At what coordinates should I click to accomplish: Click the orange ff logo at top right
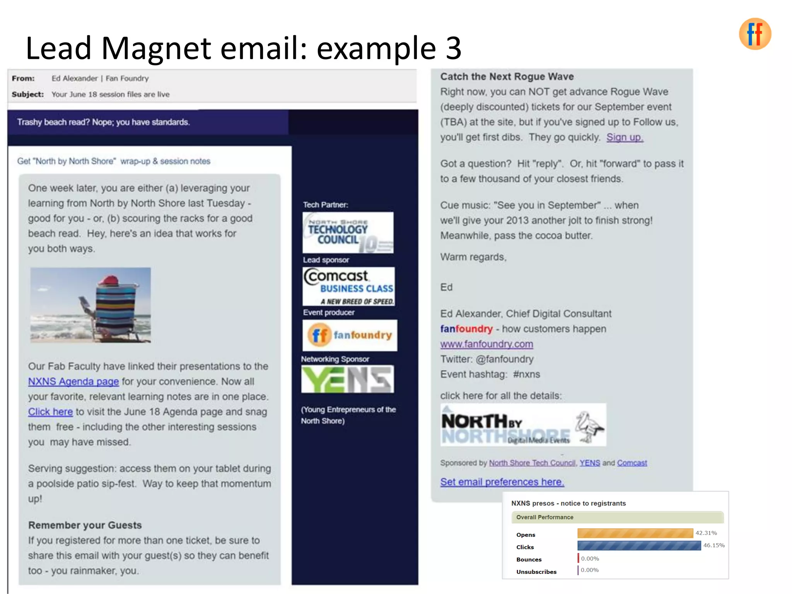click(x=754, y=34)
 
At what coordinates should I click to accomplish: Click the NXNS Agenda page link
click(x=73, y=382)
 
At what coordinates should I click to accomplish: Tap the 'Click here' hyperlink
click(x=50, y=412)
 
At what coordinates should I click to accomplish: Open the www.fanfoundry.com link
click(x=486, y=344)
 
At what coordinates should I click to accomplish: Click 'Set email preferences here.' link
click(x=502, y=482)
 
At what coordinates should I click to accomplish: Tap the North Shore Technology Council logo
click(x=348, y=233)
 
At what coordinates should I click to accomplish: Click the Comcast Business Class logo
click(x=348, y=287)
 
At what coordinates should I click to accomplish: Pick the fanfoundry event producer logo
click(x=350, y=335)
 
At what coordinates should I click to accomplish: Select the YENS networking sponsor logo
click(x=347, y=379)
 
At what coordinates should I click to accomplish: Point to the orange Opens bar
click(x=635, y=533)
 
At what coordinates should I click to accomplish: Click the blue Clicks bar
click(x=639, y=546)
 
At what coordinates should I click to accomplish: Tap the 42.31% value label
click(x=706, y=533)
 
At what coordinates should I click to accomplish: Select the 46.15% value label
click(x=714, y=545)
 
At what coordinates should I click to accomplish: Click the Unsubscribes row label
click(x=536, y=572)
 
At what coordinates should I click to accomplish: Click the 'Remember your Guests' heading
click(x=85, y=525)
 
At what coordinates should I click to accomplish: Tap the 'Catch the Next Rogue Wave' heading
click(x=507, y=77)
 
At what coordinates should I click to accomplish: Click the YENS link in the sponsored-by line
click(x=590, y=463)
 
